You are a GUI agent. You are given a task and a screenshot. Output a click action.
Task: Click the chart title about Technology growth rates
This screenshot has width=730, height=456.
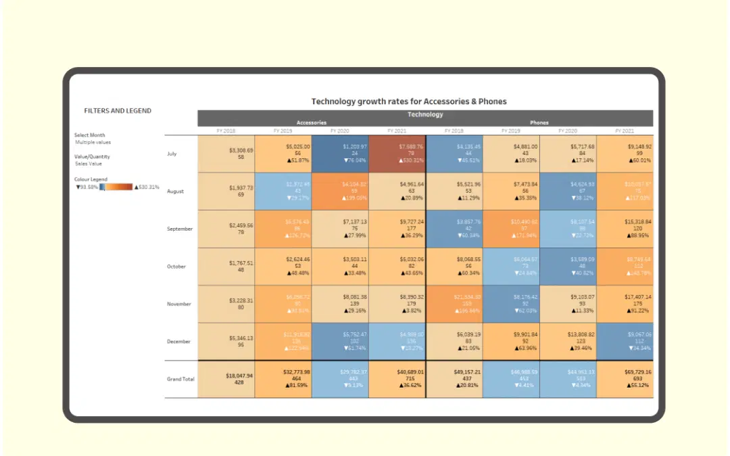click(x=408, y=101)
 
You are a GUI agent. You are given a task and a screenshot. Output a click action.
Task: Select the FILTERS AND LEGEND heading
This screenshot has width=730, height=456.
click(x=118, y=111)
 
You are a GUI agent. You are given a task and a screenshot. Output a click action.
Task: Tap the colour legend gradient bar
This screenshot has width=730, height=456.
click(x=116, y=187)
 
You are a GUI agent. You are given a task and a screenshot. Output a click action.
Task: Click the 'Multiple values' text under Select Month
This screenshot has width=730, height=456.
click(x=93, y=143)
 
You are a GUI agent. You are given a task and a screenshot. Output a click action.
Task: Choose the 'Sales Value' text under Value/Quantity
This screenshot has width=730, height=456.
click(x=88, y=164)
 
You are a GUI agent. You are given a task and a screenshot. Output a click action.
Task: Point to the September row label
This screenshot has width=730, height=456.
click(x=180, y=229)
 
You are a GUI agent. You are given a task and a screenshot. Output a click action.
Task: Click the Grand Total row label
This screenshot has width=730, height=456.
click(x=180, y=379)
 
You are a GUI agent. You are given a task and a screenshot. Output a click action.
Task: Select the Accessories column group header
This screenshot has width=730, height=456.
click(x=311, y=123)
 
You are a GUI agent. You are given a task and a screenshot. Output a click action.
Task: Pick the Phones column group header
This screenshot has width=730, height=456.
click(x=539, y=123)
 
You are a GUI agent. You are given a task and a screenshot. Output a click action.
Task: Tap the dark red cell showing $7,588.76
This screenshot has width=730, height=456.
click(x=397, y=154)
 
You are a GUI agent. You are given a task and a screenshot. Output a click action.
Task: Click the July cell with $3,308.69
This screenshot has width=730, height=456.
click(x=226, y=154)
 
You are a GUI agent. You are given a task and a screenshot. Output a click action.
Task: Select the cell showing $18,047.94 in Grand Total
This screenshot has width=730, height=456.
click(x=226, y=379)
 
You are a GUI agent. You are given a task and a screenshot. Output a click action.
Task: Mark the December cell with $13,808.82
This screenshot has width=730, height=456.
click(x=568, y=341)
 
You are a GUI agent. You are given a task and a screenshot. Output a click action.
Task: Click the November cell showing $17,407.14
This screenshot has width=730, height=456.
click(x=625, y=304)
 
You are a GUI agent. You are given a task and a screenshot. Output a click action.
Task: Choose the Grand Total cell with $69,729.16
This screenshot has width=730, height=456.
click(x=625, y=379)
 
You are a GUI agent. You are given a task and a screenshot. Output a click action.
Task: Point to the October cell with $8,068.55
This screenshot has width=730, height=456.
click(x=454, y=266)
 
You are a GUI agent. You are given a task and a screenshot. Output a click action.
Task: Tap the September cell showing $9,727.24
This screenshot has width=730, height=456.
click(x=397, y=229)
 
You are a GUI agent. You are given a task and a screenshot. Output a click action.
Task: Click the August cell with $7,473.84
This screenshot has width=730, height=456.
click(x=511, y=191)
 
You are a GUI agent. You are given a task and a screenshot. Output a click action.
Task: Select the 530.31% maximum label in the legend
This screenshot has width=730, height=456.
click(x=147, y=187)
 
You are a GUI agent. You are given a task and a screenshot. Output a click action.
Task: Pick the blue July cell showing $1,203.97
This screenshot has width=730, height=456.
click(x=340, y=154)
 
